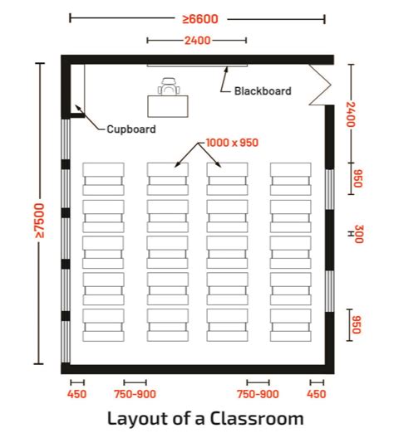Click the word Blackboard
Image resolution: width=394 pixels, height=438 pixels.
(263, 91)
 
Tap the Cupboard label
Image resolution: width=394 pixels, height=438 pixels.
(131, 129)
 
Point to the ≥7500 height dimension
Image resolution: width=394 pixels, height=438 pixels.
(39, 215)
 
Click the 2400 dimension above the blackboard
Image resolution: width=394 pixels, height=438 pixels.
(196, 40)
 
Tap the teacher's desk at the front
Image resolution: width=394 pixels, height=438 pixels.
(168, 105)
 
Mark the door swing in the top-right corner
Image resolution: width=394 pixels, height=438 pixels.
(320, 84)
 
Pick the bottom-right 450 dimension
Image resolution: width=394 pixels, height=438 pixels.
(318, 394)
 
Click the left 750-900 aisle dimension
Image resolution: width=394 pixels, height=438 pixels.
(135, 394)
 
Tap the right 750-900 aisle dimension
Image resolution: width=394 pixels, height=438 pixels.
(258, 394)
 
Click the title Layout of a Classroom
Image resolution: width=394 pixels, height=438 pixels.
(204, 419)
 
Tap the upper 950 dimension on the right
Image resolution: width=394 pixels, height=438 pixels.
(358, 179)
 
